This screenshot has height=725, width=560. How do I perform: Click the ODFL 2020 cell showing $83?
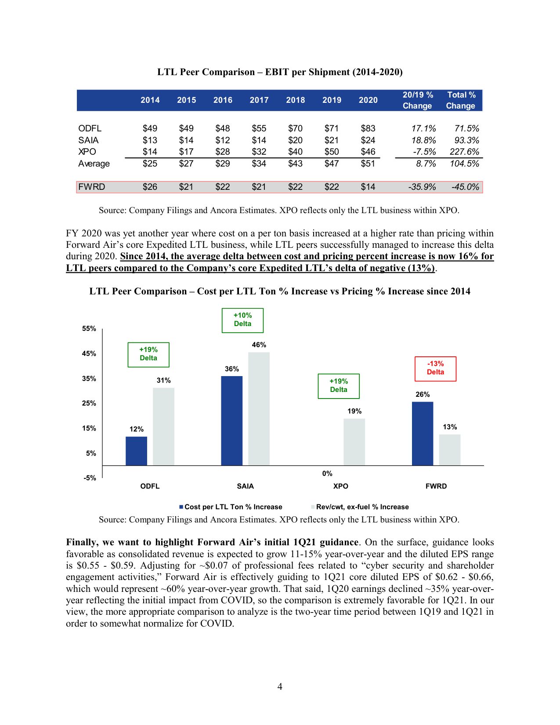click(368, 128)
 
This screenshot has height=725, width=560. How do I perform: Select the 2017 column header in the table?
click(259, 100)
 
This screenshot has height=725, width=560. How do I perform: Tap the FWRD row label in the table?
click(91, 187)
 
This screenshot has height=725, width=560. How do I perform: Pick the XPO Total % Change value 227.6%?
click(464, 152)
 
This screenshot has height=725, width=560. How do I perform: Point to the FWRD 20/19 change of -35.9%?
click(422, 187)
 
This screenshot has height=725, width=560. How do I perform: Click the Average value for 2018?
click(295, 163)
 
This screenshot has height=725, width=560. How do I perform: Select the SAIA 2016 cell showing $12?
click(223, 140)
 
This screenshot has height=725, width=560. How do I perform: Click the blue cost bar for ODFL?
click(136, 451)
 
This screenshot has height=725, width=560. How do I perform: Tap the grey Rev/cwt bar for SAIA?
click(259, 409)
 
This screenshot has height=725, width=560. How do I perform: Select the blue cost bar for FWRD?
click(423, 433)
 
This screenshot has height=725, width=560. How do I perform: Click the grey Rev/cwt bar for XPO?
click(354, 442)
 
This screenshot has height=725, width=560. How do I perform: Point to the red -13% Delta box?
click(435, 368)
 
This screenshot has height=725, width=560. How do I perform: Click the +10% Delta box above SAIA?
click(242, 320)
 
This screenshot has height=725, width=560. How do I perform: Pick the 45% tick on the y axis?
click(89, 354)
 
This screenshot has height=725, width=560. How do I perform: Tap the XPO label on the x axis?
click(340, 486)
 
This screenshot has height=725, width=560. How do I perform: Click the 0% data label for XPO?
click(327, 473)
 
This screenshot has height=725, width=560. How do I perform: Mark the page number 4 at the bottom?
click(280, 686)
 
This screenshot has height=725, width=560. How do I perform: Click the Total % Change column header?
click(461, 100)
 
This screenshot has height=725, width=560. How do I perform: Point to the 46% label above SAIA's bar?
click(259, 345)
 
